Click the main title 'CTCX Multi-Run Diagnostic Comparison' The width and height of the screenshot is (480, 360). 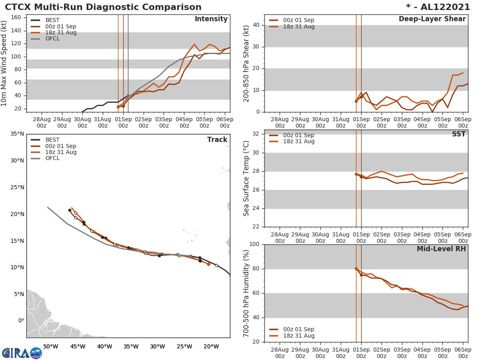point(103,7)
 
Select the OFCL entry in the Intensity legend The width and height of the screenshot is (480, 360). point(52,39)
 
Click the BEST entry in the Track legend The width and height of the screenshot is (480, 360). point(52,140)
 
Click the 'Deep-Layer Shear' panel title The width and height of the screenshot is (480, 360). point(432,19)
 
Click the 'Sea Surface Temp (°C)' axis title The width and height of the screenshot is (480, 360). point(246,178)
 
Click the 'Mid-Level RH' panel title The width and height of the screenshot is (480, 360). point(441,249)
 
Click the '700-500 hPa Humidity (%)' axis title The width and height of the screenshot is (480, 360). point(246,293)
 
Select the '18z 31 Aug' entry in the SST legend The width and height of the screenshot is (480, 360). point(298,142)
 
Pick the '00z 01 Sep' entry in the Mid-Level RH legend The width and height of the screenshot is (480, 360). point(298,329)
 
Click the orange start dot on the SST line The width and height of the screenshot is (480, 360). point(356,174)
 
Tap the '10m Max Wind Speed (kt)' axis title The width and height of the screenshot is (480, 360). point(4,64)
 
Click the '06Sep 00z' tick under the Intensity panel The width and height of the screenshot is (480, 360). point(225,122)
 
